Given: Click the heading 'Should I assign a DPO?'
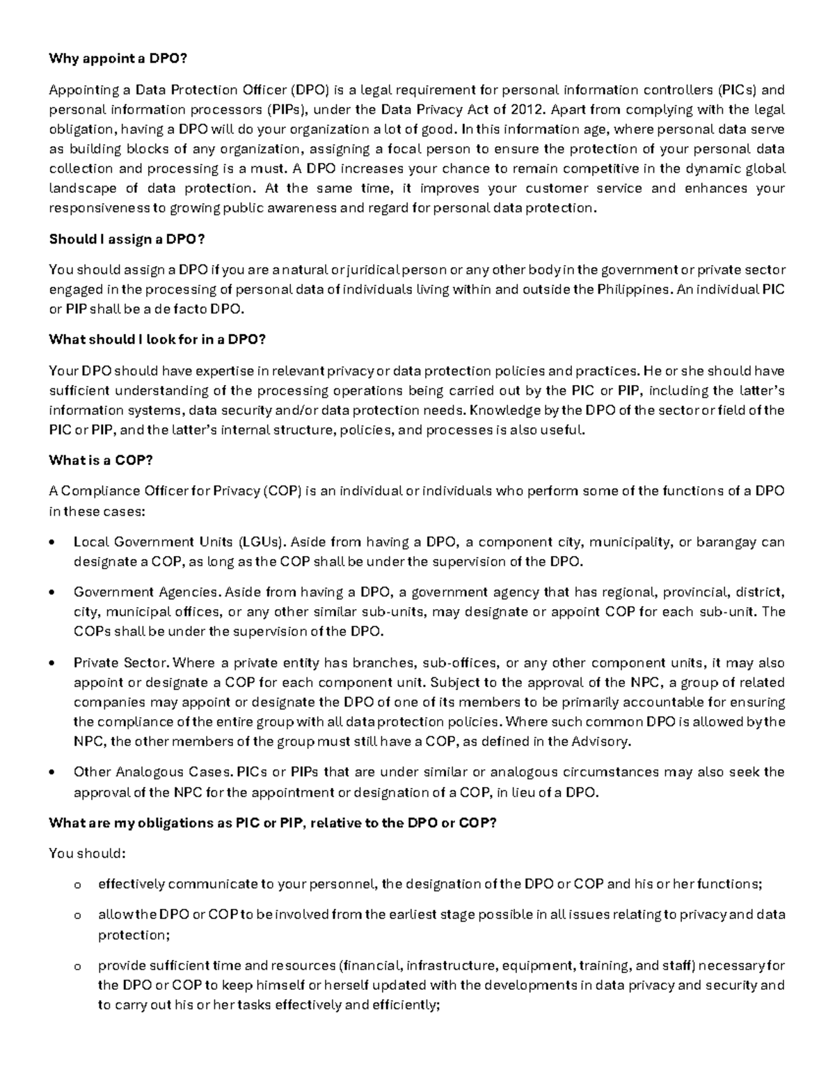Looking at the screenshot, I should [x=127, y=239].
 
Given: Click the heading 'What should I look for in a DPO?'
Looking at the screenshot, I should [x=157, y=340].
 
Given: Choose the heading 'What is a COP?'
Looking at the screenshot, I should [x=100, y=460].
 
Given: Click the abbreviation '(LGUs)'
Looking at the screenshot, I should [x=262, y=542].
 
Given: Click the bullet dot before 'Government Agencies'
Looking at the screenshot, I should [x=54, y=593].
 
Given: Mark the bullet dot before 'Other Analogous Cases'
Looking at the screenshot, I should [x=54, y=773].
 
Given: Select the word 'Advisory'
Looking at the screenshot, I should [x=601, y=741].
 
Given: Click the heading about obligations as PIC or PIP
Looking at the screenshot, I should [x=272, y=823].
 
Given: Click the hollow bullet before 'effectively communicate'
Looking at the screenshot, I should [x=77, y=885].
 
